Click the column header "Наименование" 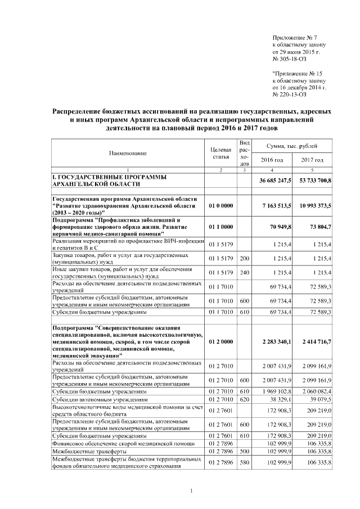click(128, 153)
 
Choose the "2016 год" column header click(272, 160)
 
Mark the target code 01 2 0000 click(220, 341)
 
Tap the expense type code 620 click(244, 399)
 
